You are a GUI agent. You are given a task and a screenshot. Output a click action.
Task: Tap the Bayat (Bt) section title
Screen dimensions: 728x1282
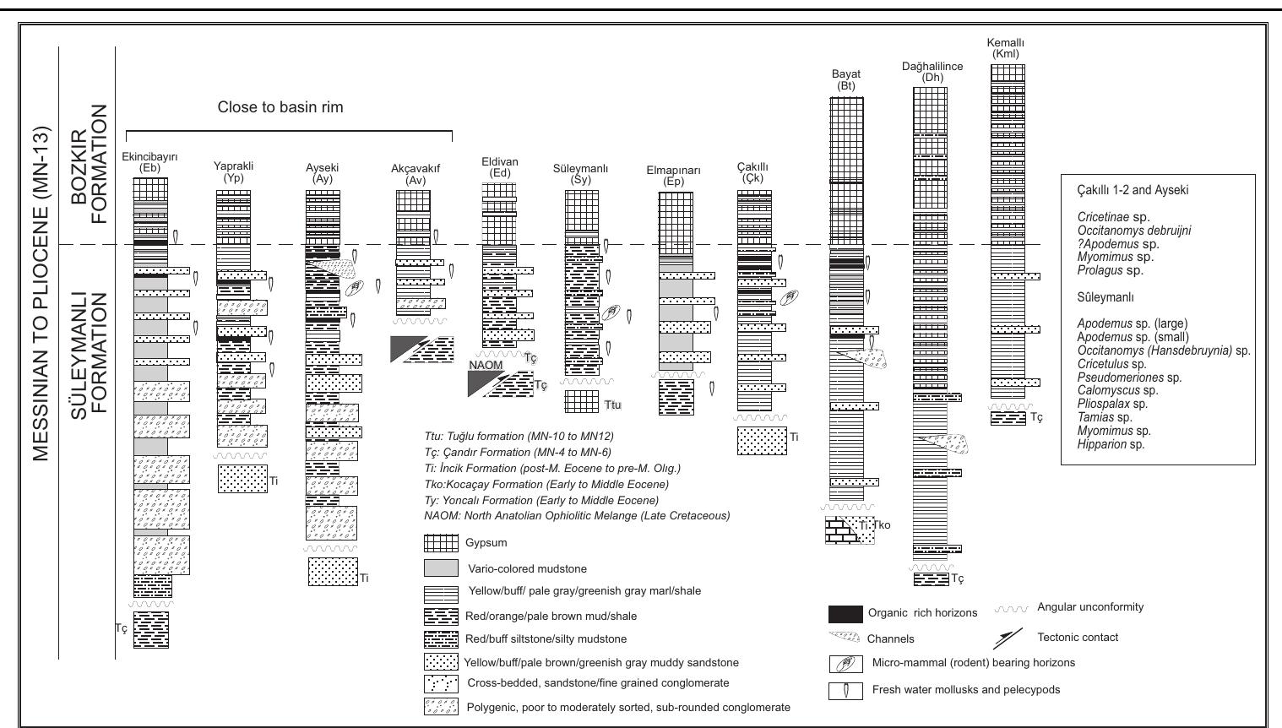tap(845, 80)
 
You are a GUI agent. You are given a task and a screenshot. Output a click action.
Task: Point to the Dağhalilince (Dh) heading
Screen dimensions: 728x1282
tap(932, 72)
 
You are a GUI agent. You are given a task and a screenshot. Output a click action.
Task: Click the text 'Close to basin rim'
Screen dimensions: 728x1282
tap(280, 107)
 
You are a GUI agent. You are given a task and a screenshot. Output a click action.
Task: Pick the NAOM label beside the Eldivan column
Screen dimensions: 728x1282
tap(486, 365)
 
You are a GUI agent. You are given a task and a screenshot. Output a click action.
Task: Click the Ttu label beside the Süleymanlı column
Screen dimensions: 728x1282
tap(612, 405)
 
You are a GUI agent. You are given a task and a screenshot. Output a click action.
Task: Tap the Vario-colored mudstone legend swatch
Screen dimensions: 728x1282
tap(441, 568)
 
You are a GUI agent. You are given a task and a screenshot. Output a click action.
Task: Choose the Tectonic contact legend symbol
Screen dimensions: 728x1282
tap(1010, 638)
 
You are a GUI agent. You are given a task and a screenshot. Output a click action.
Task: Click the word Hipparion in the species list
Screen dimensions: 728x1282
tap(1095, 444)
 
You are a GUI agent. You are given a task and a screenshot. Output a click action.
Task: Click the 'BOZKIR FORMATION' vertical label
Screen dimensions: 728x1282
tap(91, 164)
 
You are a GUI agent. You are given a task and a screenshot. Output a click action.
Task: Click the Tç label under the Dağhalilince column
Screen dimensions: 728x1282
tap(957, 579)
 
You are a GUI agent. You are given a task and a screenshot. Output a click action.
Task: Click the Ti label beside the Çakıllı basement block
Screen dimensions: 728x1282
tap(794, 437)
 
